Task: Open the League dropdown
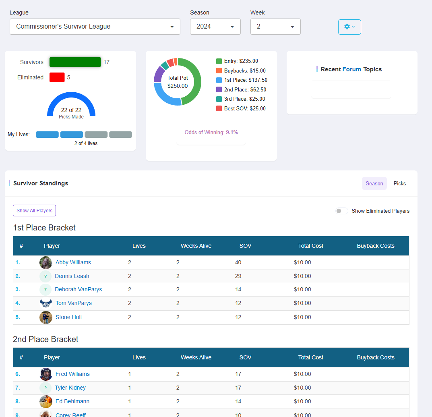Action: (95, 27)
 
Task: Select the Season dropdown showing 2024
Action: (215, 27)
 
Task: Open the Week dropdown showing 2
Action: (275, 27)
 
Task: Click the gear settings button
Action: (349, 27)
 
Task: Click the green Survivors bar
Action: (75, 62)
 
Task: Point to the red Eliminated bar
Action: (57, 77)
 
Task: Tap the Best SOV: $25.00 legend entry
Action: (241, 108)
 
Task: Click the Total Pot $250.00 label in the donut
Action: (178, 82)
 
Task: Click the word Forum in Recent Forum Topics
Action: (351, 69)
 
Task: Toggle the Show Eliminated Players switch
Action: (342, 211)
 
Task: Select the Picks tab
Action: (399, 183)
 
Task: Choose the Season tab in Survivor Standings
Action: (374, 183)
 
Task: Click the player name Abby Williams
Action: (73, 262)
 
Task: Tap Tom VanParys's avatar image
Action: (46, 303)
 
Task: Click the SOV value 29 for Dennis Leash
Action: (238, 276)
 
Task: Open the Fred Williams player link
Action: (72, 374)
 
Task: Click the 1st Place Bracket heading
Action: (44, 228)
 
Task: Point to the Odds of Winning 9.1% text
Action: (211, 132)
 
